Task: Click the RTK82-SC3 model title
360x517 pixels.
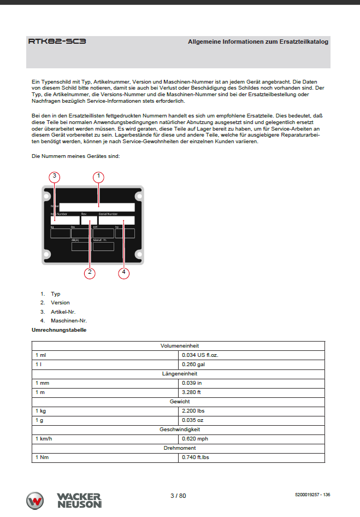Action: pyautogui.click(x=57, y=41)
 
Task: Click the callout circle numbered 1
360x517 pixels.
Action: pyautogui.click(x=98, y=177)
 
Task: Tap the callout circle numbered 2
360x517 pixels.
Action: pyautogui.click(x=90, y=273)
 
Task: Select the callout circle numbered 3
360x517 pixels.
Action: pyautogui.click(x=54, y=177)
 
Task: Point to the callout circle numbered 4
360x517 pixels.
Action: pyautogui.click(x=124, y=273)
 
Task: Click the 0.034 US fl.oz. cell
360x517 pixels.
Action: pyautogui.click(x=201, y=355)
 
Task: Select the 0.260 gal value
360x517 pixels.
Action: pyautogui.click(x=193, y=364)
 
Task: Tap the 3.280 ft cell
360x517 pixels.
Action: pyautogui.click(x=192, y=392)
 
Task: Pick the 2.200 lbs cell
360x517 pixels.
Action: pyautogui.click(x=193, y=410)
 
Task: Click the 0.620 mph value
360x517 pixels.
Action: pyautogui.click(x=195, y=438)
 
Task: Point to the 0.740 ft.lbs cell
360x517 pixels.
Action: pyautogui.click(x=196, y=457)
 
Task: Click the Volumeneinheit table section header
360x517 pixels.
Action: pyautogui.click(x=179, y=346)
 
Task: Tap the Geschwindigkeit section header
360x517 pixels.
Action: pyautogui.click(x=179, y=429)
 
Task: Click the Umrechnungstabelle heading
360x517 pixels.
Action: pyautogui.click(x=59, y=330)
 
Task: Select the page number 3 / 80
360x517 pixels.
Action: pyautogui.click(x=178, y=496)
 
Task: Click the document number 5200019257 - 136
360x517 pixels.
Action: pyautogui.click(x=312, y=495)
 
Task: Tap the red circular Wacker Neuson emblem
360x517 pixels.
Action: pyautogui.click(x=35, y=501)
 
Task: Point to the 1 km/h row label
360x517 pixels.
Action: pyautogui.click(x=44, y=438)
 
